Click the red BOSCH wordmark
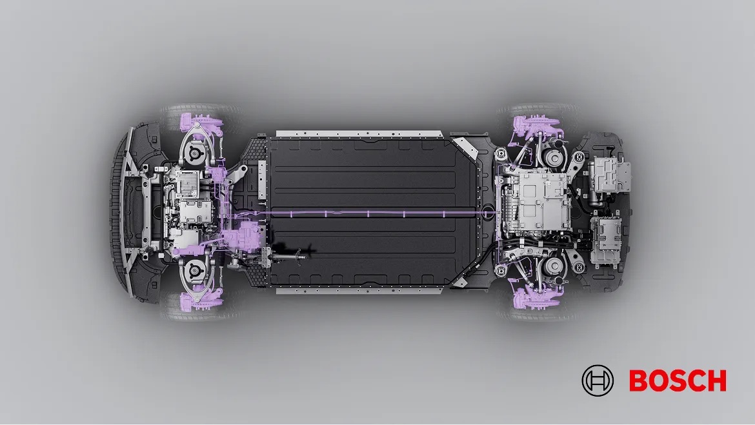point(678,381)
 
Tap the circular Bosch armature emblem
point(598,381)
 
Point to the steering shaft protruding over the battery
point(289,254)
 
